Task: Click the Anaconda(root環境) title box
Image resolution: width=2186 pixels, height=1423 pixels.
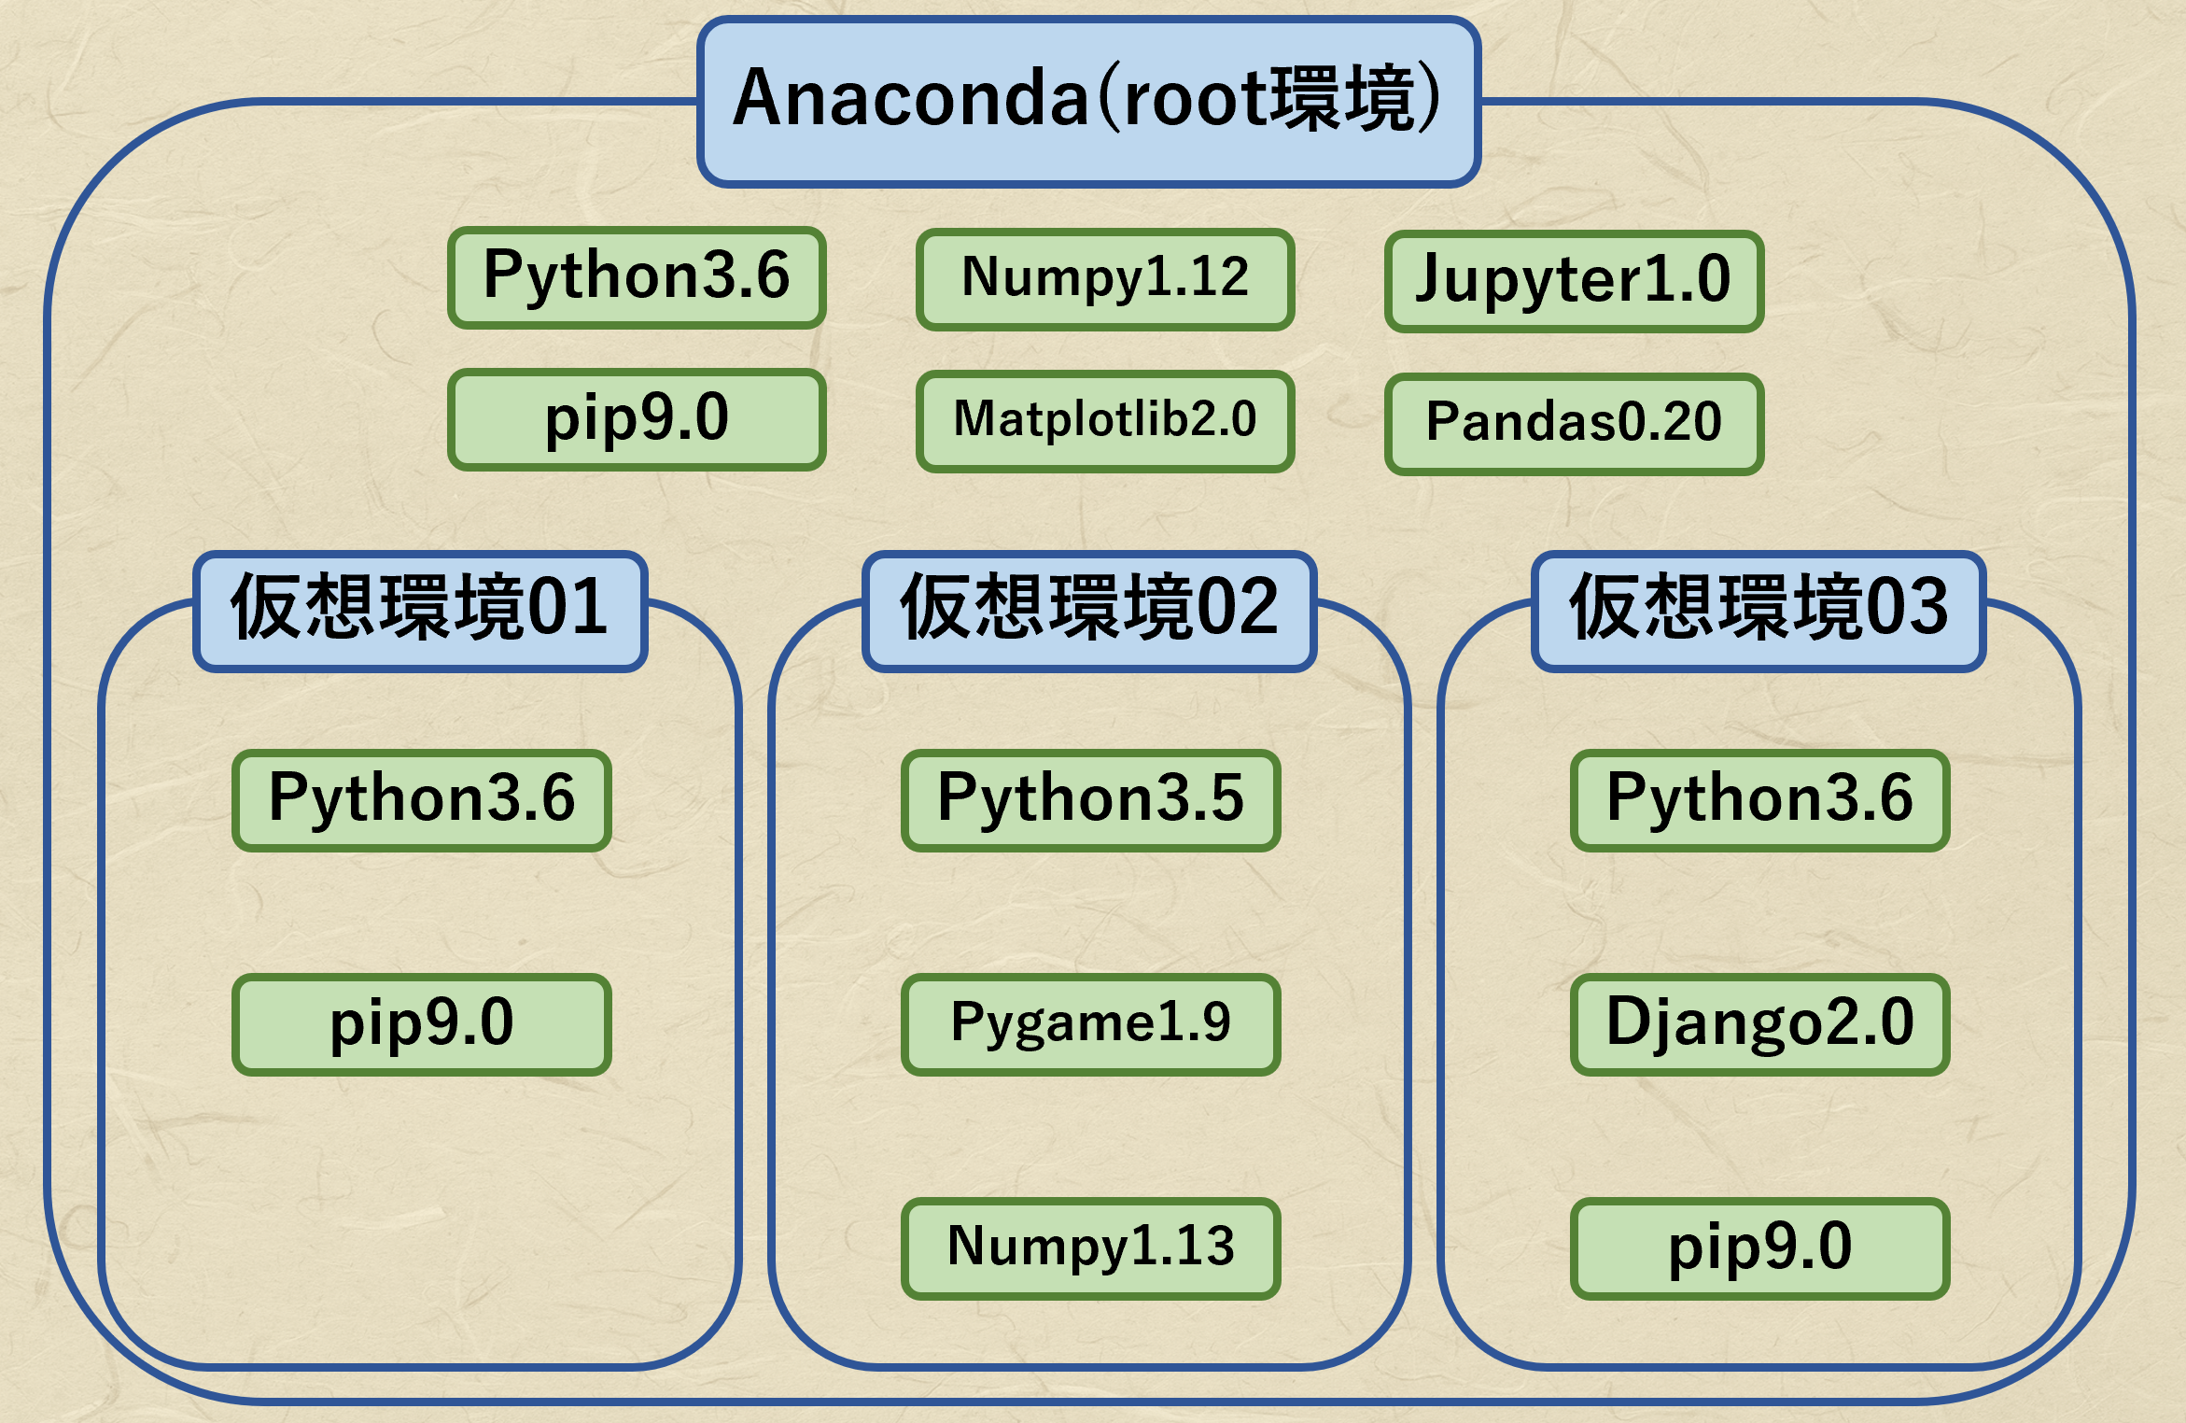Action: coord(1088,101)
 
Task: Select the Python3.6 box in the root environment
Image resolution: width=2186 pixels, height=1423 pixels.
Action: coord(637,277)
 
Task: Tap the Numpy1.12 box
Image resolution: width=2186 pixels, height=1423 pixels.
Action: coord(1105,278)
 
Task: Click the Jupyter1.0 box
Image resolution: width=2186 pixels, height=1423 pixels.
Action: coord(1574,280)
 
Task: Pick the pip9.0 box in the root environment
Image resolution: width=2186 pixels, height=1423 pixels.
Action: coord(637,419)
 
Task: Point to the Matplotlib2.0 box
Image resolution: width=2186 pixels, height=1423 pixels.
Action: coord(1105,420)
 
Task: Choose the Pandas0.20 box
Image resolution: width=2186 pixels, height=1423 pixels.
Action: coord(1574,423)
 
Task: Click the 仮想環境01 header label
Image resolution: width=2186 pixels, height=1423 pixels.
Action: coord(420,611)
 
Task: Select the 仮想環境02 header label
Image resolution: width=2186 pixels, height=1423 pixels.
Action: coord(1089,611)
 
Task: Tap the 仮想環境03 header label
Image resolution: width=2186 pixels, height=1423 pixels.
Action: coord(1759,611)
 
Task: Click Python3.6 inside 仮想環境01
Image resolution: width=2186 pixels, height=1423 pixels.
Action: coord(422,799)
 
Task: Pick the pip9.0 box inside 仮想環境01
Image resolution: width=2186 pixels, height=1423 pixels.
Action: coord(422,1023)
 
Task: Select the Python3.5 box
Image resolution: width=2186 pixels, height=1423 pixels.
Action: coord(1090,799)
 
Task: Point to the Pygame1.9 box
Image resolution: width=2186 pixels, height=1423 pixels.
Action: coord(1090,1023)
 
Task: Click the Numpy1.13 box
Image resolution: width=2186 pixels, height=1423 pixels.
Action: coord(1090,1247)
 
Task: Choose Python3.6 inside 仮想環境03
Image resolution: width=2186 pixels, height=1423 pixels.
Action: coord(1759,799)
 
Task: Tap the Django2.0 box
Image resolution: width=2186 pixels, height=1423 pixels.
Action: coord(1759,1023)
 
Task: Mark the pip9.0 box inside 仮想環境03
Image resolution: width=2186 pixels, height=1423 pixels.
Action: coord(1759,1247)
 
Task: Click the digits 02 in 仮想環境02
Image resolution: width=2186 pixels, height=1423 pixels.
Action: coord(1238,609)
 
